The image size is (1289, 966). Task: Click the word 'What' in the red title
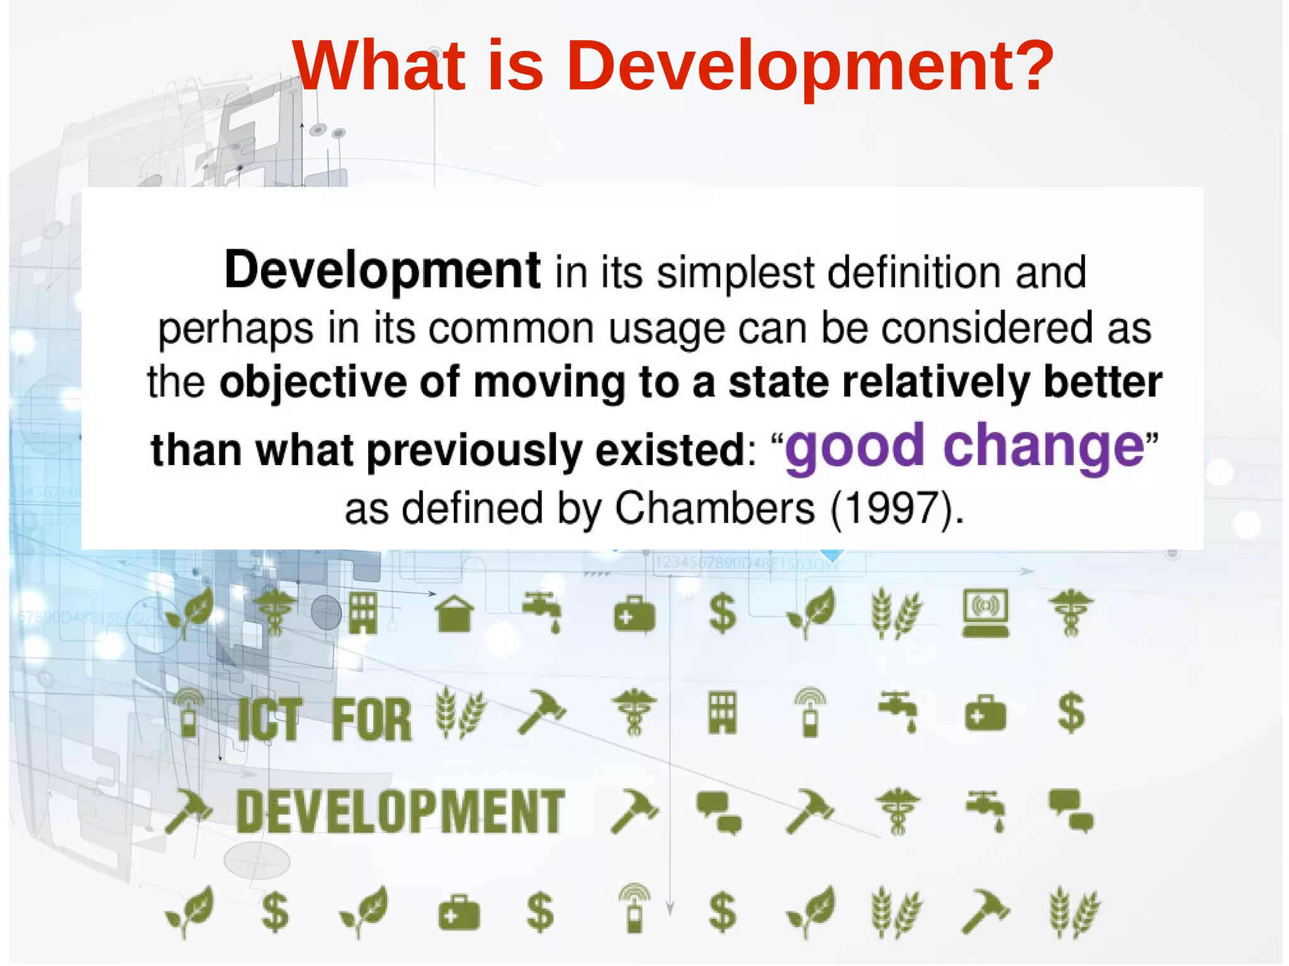378,65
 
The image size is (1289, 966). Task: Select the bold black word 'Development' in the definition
382,271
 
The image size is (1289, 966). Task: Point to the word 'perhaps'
235,329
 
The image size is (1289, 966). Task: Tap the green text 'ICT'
270,719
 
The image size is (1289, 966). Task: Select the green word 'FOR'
371,719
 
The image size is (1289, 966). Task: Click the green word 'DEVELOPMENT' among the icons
400,812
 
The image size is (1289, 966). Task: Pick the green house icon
454,614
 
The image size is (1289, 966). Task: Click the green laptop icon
986,613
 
